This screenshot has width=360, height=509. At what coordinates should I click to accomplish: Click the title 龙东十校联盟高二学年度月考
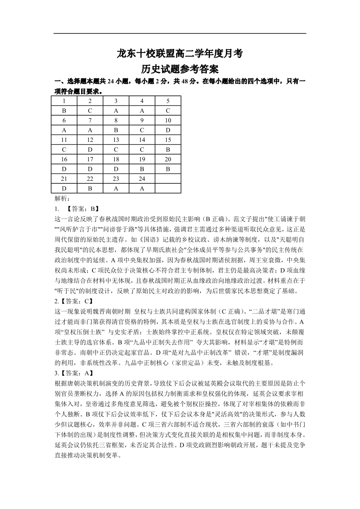(180, 54)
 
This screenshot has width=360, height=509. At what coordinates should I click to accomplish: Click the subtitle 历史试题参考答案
(180, 69)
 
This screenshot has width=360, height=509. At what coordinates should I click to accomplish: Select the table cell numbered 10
(168, 120)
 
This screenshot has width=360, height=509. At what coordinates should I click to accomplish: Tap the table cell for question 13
(116, 140)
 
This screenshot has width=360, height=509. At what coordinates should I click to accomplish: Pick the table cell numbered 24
(142, 179)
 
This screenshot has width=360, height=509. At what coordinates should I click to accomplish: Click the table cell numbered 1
(64, 101)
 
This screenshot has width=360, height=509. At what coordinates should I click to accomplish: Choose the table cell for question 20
(168, 159)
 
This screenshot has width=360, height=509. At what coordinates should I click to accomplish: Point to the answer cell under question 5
(168, 111)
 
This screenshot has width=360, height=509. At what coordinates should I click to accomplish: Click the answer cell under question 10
(168, 130)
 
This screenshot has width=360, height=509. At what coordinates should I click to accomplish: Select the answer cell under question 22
(90, 188)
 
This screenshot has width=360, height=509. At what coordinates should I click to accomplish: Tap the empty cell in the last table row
(168, 188)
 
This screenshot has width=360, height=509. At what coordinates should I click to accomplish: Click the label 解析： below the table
(62, 198)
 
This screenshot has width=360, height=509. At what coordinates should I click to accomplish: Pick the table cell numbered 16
(64, 159)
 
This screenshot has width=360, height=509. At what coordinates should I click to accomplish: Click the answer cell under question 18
(116, 169)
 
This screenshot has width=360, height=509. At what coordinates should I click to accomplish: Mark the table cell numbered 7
(90, 120)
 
